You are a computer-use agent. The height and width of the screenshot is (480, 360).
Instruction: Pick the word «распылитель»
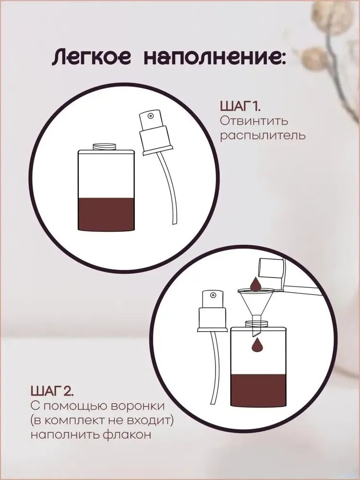pos(263,136)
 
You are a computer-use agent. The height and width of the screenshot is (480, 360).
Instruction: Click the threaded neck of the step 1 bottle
pos(104,146)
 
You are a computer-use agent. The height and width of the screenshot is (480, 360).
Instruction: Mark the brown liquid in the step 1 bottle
pos(106,214)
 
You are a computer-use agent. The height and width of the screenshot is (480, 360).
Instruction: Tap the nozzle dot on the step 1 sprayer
pos(150,116)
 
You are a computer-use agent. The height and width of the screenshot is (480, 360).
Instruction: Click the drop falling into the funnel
pos(255,284)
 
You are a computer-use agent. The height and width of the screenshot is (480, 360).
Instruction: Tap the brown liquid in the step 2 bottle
pos(259,391)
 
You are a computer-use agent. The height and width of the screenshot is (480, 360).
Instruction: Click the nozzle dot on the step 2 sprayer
pos(213,295)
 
